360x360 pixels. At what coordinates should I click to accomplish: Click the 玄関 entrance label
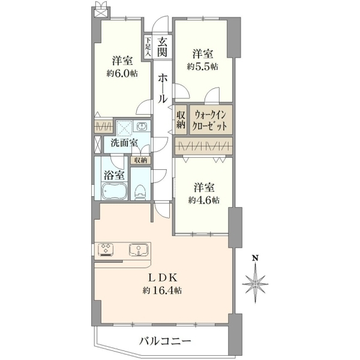coord(162,47)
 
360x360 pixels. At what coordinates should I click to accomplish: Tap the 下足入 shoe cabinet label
coord(148,47)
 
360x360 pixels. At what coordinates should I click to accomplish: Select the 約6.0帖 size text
coord(122,73)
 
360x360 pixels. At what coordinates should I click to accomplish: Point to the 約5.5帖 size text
coord(203,67)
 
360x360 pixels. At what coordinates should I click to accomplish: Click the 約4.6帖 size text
coord(203,200)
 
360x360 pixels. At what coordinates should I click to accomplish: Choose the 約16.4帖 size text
coord(163,290)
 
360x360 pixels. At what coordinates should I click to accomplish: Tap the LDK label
coord(163,278)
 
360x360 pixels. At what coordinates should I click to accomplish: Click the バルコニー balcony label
coord(166,341)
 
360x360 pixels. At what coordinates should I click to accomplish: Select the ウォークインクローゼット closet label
coord(210,121)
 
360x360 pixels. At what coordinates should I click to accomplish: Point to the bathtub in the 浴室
coord(115,191)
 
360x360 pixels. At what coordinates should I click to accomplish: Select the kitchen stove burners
coord(106,250)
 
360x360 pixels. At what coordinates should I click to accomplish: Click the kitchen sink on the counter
coord(138,250)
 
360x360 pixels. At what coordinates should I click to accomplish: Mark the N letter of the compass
coord(255,258)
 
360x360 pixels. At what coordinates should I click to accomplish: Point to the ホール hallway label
coord(163,88)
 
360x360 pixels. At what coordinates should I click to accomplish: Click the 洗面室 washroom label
coord(124,143)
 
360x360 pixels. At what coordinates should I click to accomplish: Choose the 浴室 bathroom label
coord(115,175)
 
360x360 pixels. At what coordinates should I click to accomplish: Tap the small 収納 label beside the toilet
coord(140,160)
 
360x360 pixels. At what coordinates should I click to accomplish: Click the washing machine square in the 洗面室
coord(124,128)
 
